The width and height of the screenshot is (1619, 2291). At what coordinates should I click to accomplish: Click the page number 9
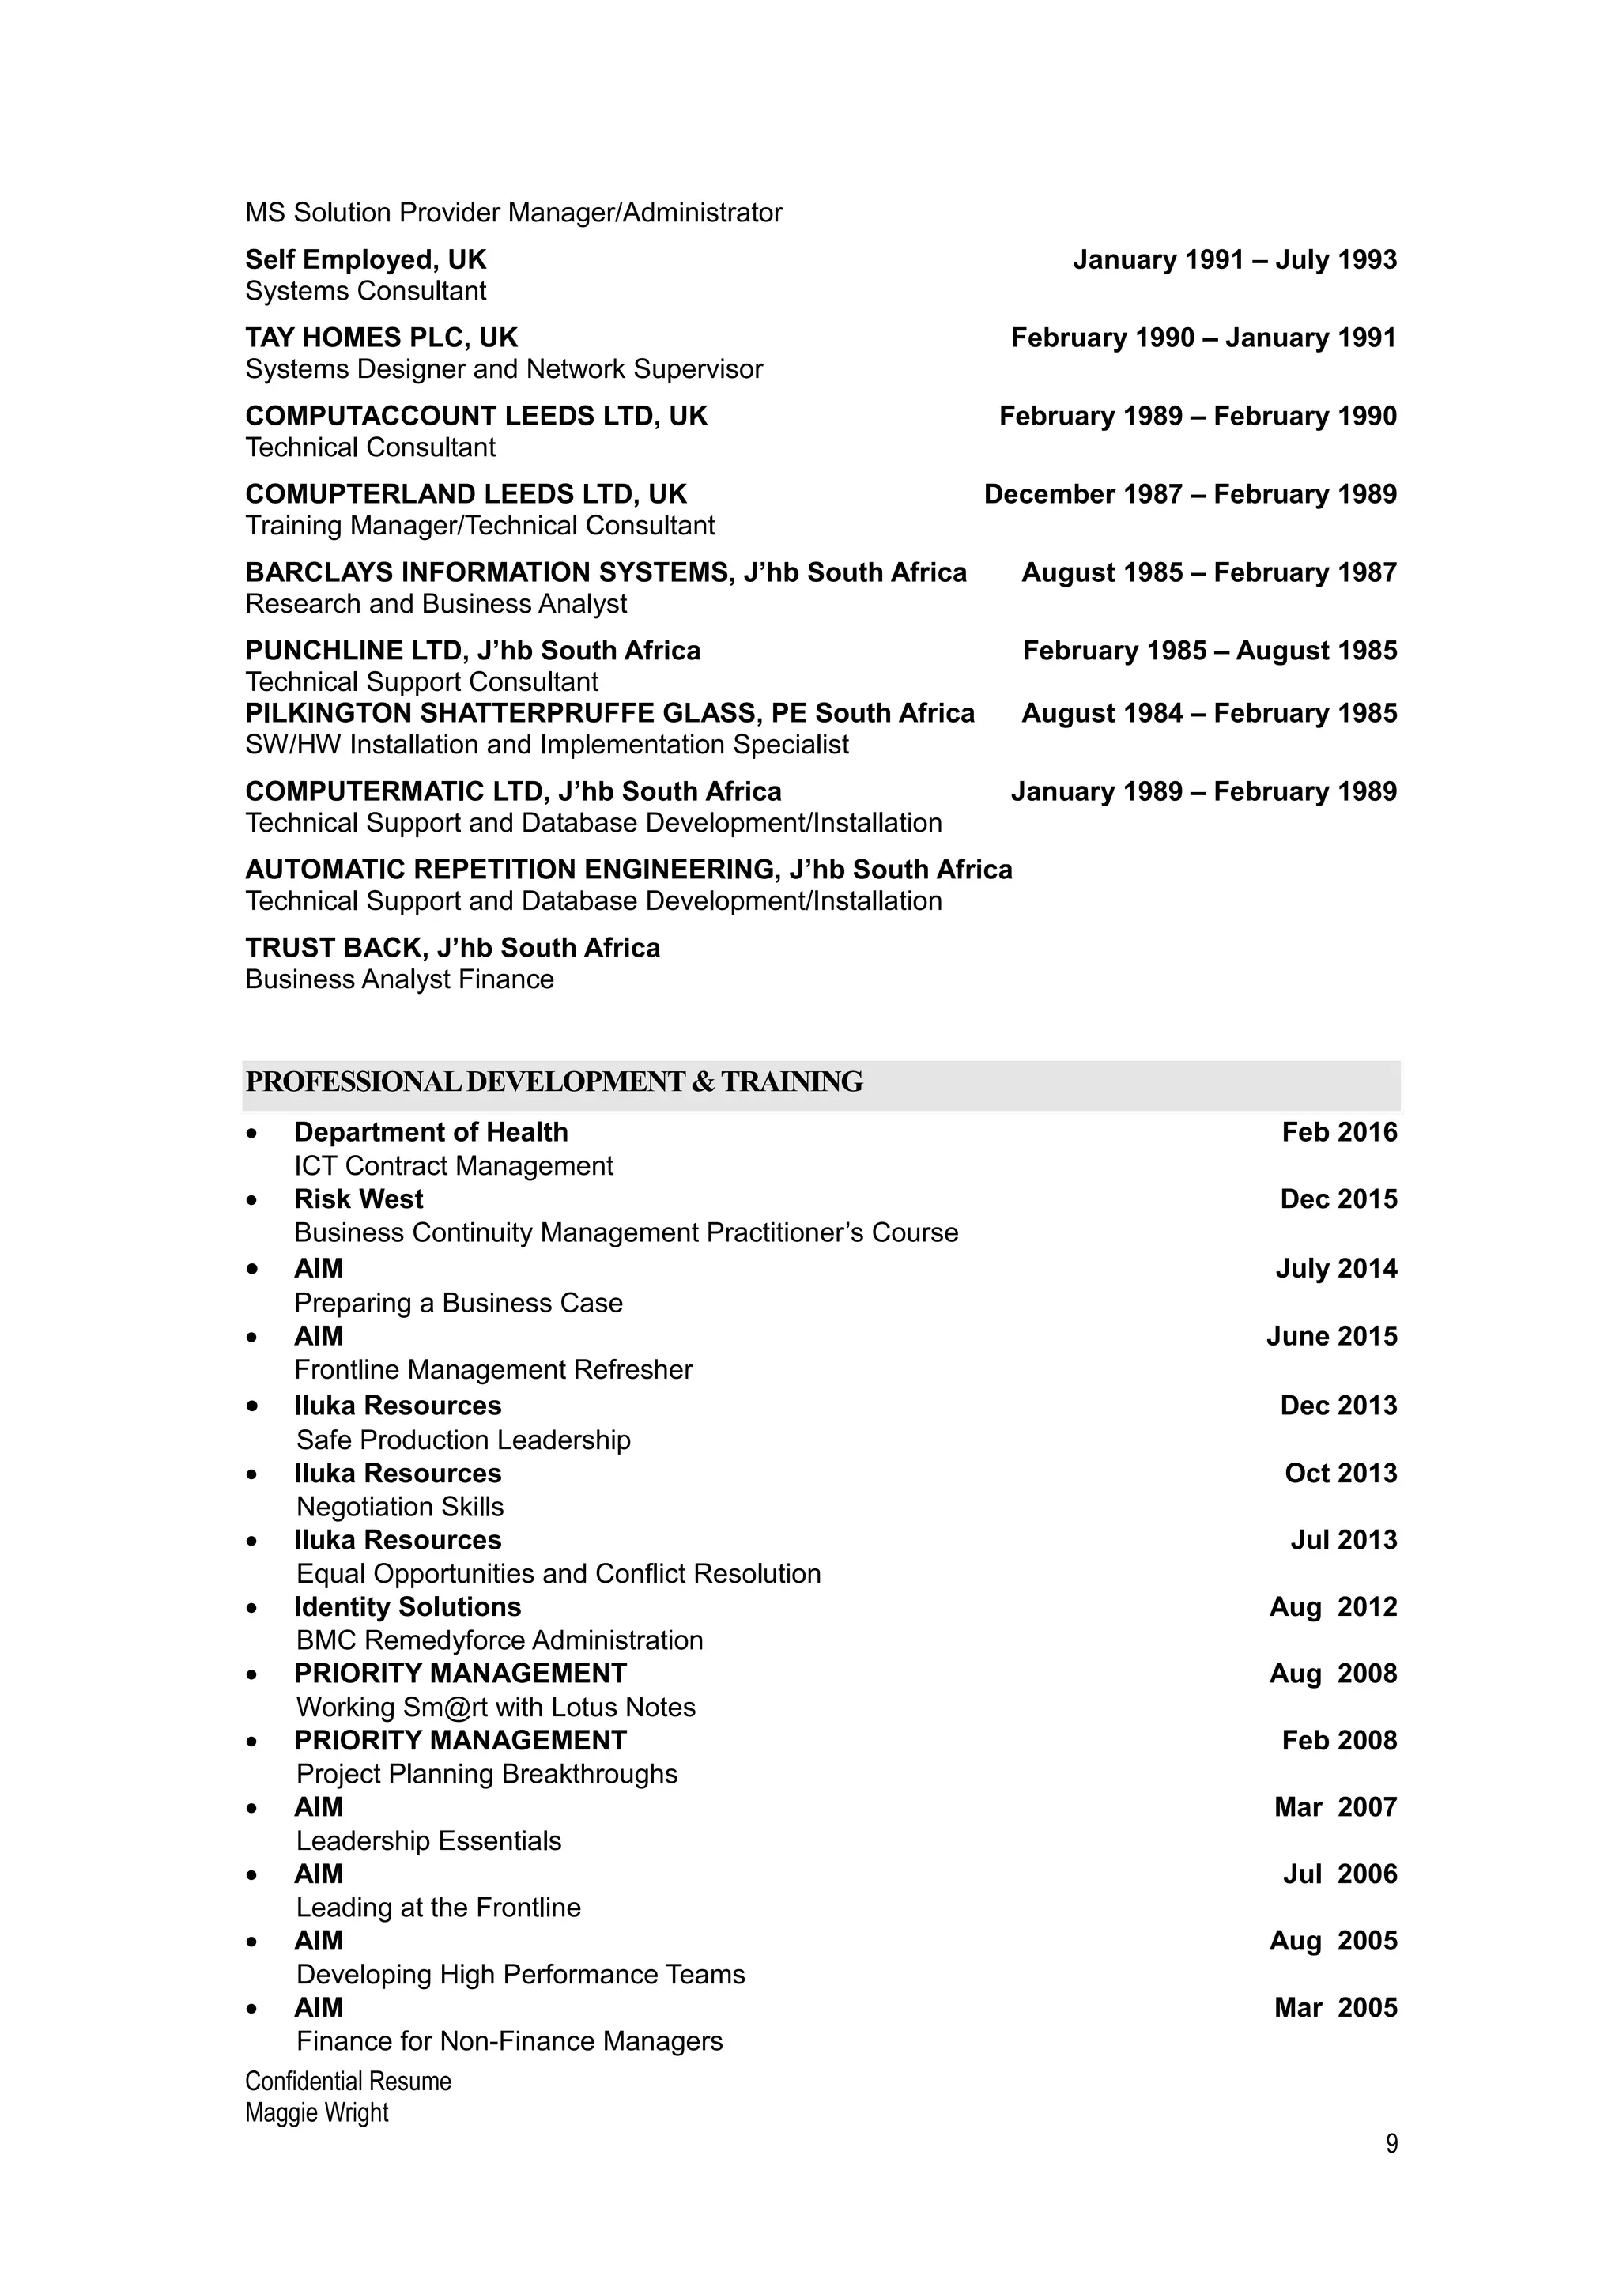click(1391, 2143)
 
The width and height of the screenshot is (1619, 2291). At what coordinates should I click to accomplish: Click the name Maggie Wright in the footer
click(316, 2112)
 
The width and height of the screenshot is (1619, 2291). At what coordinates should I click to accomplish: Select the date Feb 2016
click(1338, 1133)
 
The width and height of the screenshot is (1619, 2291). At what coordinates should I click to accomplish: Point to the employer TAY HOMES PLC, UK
click(381, 338)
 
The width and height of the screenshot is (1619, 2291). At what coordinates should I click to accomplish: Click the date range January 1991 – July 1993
click(1234, 259)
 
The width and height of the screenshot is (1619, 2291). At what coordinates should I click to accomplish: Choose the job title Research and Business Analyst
click(436, 604)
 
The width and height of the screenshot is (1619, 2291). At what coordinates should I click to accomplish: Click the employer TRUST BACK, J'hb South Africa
click(452, 948)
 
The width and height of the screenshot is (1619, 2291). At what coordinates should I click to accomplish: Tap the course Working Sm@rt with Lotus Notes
click(496, 1708)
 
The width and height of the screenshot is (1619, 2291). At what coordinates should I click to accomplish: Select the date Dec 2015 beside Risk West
click(1338, 1199)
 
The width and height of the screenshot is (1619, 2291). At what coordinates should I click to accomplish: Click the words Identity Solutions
click(407, 1606)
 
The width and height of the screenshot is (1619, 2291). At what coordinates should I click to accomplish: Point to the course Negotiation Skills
click(400, 1507)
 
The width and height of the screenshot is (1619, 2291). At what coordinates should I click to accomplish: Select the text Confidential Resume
click(348, 2082)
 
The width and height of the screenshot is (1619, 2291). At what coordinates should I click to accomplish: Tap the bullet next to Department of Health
click(252, 1134)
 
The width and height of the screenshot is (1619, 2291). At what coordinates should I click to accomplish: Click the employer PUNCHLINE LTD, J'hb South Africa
click(473, 651)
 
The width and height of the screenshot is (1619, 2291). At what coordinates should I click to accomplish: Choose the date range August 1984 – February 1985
click(1208, 713)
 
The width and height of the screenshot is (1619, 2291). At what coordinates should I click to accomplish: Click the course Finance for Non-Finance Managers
click(509, 2041)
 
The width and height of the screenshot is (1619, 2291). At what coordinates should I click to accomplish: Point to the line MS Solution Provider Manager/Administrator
click(514, 213)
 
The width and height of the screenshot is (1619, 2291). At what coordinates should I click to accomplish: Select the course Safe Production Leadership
click(463, 1440)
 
